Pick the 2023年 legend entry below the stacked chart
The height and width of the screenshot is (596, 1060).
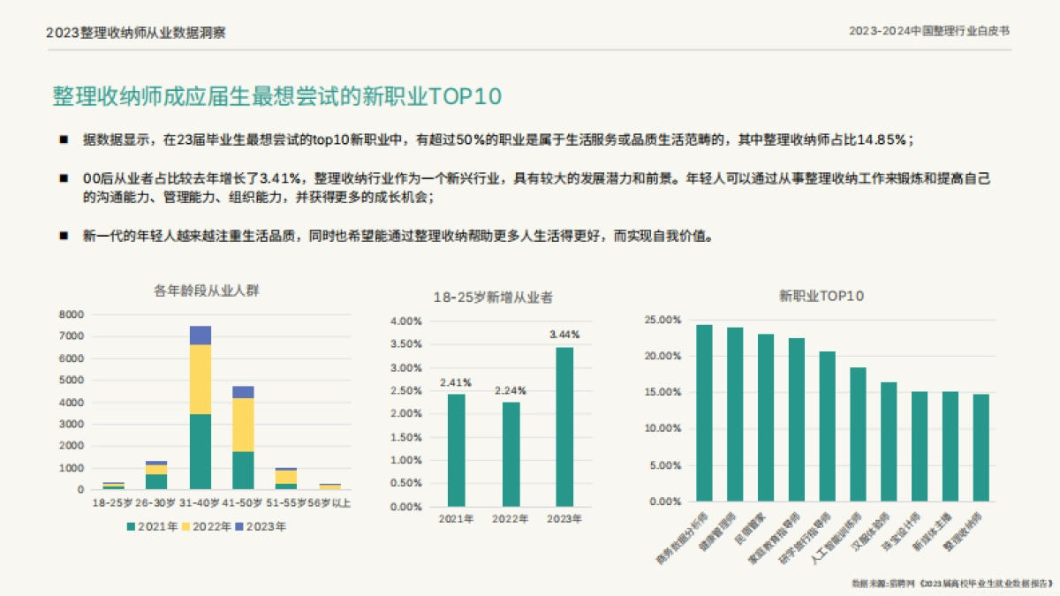pyautogui.click(x=261, y=526)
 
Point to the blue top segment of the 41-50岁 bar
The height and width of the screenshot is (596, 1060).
pyautogui.click(x=243, y=392)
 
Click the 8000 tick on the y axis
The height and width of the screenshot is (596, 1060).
pyautogui.click(x=72, y=314)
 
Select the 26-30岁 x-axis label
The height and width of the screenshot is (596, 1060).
pyautogui.click(x=156, y=503)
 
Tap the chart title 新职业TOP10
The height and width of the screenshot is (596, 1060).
pyautogui.click(x=821, y=296)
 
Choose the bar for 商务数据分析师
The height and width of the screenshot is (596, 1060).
pyautogui.click(x=704, y=412)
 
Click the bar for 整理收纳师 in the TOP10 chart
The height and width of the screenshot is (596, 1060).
pyautogui.click(x=980, y=448)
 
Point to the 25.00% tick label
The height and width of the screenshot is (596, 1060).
pyautogui.click(x=662, y=320)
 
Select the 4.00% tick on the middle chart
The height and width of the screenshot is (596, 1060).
pyautogui.click(x=405, y=321)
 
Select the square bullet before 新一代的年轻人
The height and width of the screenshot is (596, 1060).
pyautogui.click(x=64, y=236)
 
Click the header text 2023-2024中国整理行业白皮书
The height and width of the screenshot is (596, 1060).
pyautogui.click(x=929, y=30)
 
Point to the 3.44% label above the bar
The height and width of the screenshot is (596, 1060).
pyautogui.click(x=564, y=335)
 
